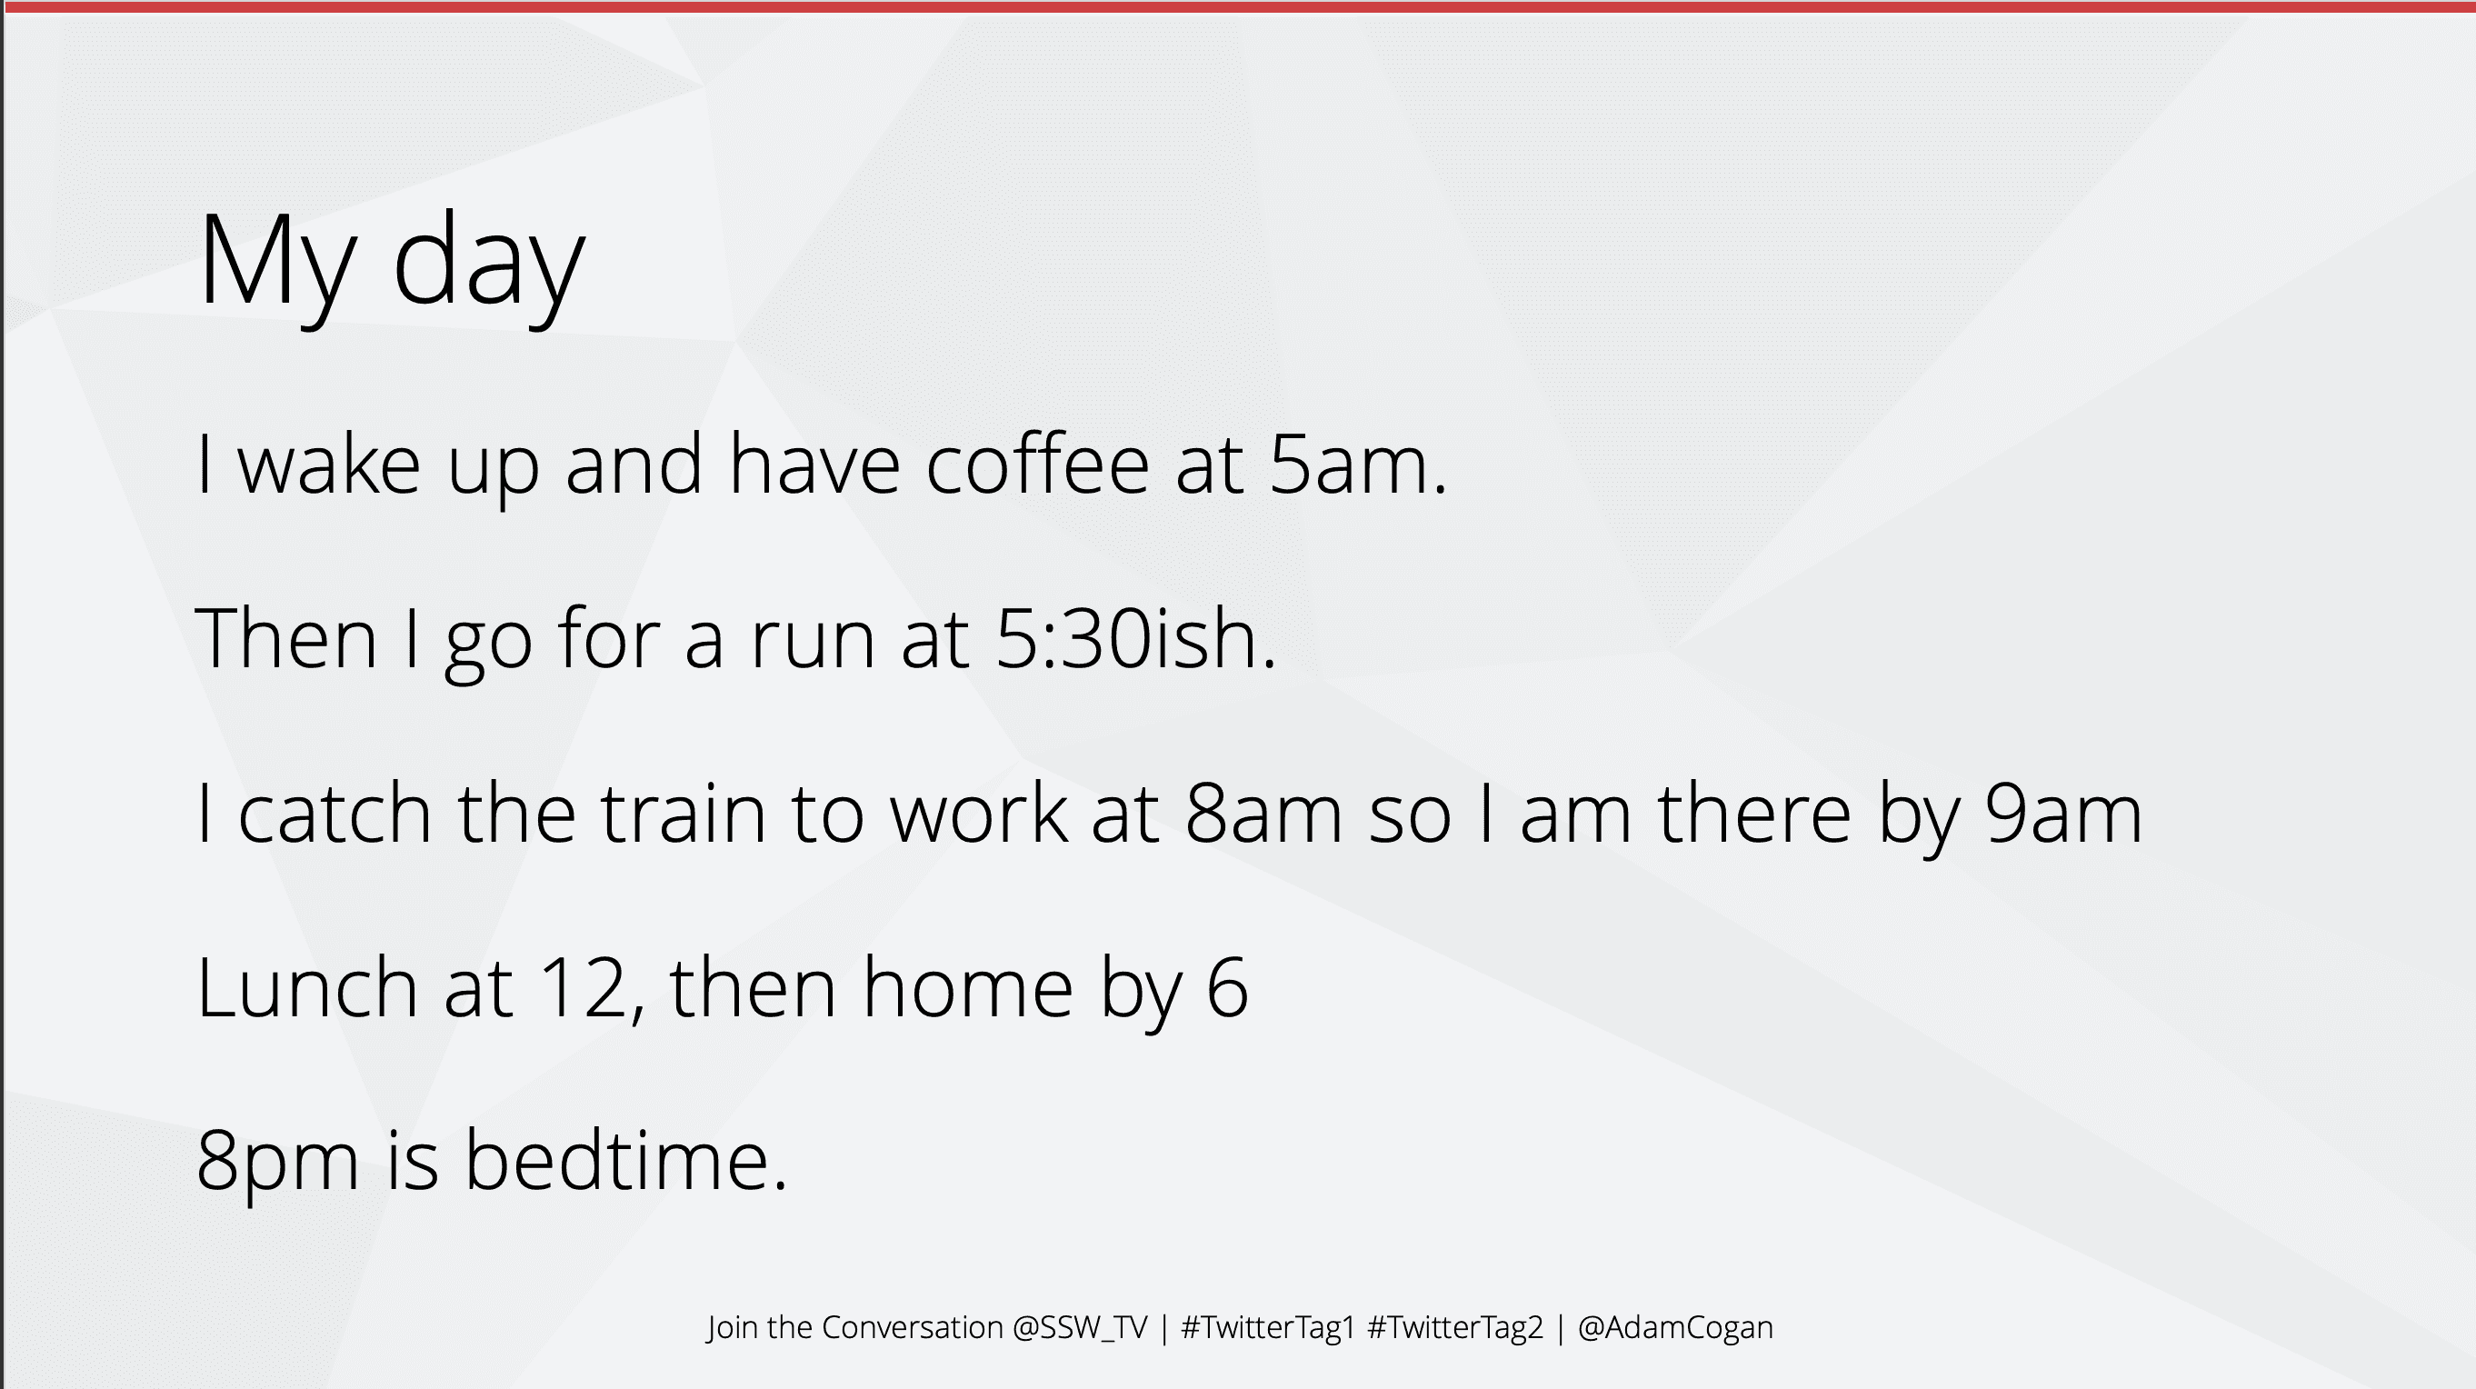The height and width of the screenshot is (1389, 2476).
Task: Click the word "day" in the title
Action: pos(488,265)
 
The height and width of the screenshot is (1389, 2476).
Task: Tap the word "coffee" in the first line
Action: pos(1037,465)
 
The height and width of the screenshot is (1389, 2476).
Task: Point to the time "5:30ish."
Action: pos(1136,638)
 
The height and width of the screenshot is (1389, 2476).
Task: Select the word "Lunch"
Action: pos(306,986)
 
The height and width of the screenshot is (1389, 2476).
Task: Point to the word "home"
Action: pos(967,986)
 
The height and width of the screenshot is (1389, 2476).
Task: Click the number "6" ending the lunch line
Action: pos(1226,987)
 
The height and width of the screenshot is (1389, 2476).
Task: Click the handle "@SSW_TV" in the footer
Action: pos(1080,1327)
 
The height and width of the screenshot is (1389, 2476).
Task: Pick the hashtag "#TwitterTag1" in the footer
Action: pos(1268,1327)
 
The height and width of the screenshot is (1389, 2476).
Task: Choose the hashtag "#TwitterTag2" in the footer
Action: pos(1455,1327)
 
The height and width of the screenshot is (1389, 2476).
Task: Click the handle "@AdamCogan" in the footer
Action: pos(1675,1327)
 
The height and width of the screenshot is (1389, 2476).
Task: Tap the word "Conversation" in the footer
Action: pos(913,1327)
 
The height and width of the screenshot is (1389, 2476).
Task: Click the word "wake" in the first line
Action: pos(329,465)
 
